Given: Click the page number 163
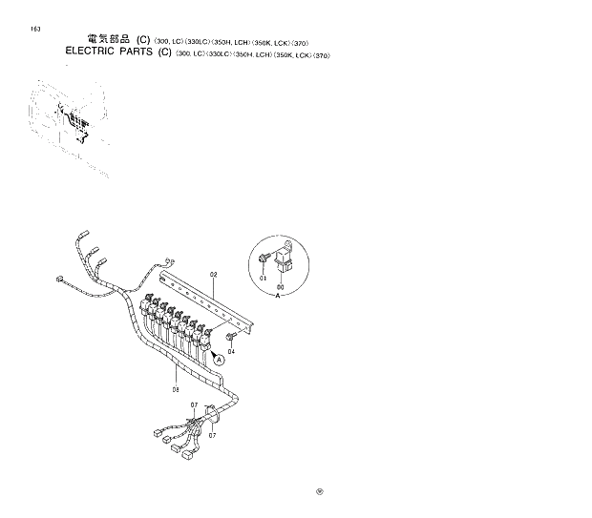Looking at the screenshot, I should [x=35, y=29].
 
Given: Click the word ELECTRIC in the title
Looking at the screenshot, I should [x=94, y=53].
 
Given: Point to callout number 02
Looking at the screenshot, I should [x=214, y=276].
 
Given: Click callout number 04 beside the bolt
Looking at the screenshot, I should [x=231, y=351].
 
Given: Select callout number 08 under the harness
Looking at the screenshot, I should [x=177, y=389].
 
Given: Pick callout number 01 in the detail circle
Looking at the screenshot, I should [x=264, y=278].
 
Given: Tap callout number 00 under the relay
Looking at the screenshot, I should [x=280, y=287].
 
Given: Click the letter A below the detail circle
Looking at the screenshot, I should [x=278, y=297].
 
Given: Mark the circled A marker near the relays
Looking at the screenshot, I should [x=219, y=361].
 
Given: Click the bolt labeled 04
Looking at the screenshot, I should [x=231, y=336].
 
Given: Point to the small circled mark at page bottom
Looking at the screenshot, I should [x=321, y=492].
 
